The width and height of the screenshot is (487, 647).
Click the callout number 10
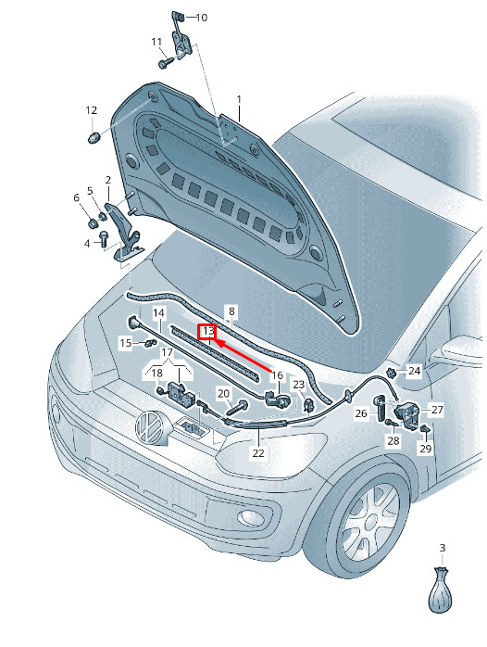point(202,18)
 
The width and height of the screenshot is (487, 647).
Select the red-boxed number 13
point(209,331)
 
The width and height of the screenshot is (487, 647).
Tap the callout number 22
point(258,452)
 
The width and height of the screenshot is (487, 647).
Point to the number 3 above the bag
point(443,548)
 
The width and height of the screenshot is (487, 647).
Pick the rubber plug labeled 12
point(94,137)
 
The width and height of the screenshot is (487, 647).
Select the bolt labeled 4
point(103,238)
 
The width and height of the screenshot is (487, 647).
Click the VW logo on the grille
point(151,427)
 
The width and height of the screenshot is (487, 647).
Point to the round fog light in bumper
point(249,516)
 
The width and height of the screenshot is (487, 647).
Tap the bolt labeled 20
point(236,407)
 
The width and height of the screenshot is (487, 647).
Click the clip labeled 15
point(150,342)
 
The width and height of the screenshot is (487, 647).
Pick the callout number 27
point(437,410)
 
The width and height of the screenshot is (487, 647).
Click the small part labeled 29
point(425,429)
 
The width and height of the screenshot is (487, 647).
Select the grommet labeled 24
point(392,373)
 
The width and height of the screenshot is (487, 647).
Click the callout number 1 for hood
point(239,100)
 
